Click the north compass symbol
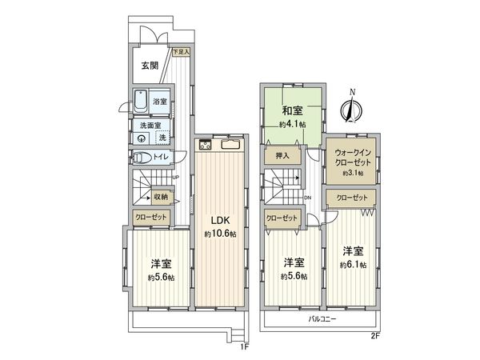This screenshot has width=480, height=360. pos(352,106)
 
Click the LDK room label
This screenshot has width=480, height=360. pos(220,222)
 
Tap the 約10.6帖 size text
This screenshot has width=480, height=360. pos(220,234)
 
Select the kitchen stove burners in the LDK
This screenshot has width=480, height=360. pos(205,145)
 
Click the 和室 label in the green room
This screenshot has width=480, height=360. pos(290,111)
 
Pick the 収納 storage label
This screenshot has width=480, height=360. pos(161,196)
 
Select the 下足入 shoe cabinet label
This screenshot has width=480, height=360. pos(182,52)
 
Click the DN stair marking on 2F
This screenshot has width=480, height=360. pos(308,198)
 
